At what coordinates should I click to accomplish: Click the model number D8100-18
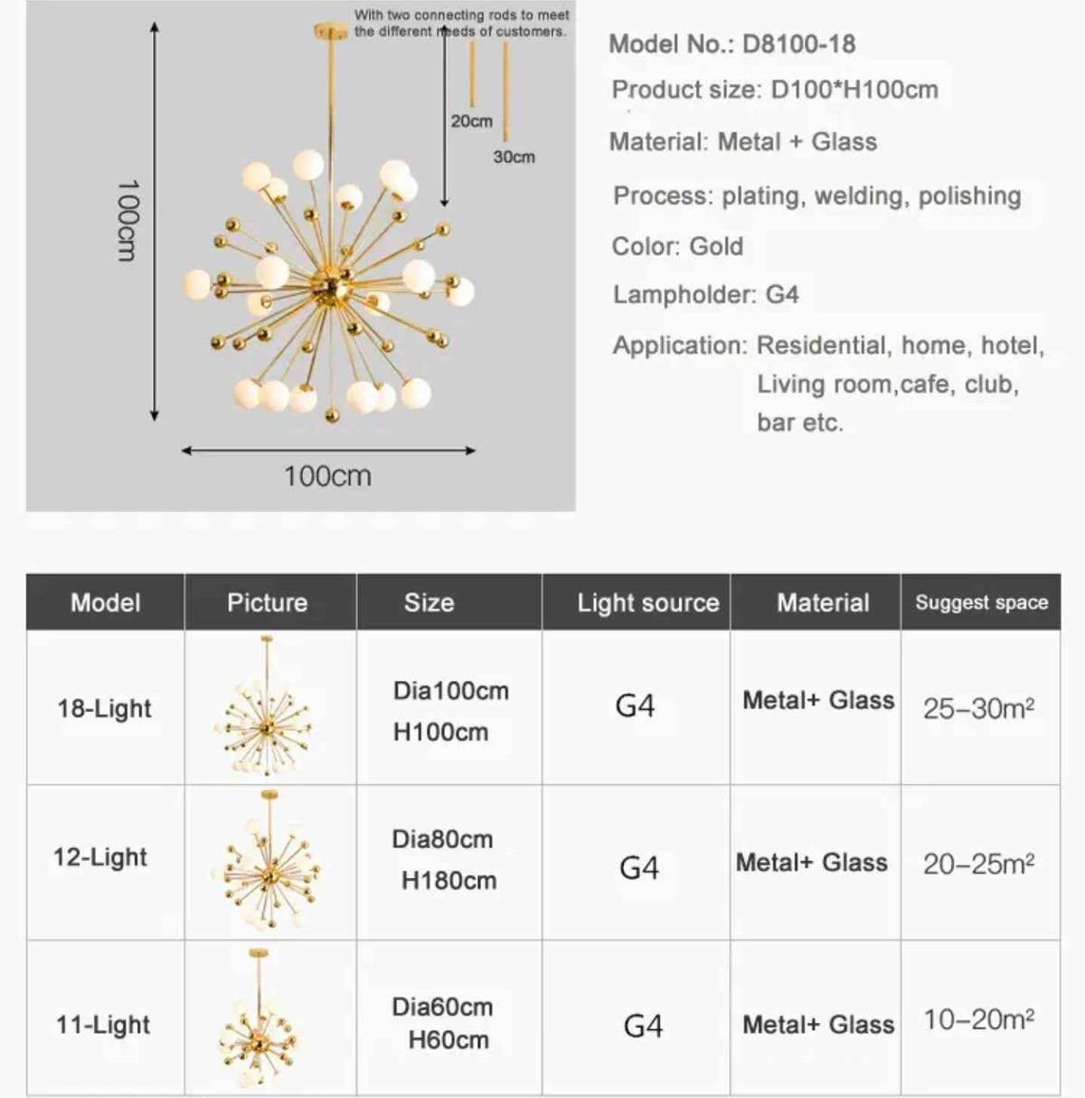click(798, 44)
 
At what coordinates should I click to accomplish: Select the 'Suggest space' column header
click(981, 602)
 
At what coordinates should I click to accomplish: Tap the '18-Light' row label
click(105, 708)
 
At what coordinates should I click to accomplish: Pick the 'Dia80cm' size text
click(442, 839)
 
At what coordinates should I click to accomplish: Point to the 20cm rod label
click(471, 121)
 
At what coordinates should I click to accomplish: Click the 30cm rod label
click(514, 157)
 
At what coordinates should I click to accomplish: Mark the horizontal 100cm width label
click(327, 476)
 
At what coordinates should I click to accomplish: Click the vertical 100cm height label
click(127, 220)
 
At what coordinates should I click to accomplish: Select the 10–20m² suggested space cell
click(978, 1020)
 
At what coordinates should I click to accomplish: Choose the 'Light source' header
click(648, 602)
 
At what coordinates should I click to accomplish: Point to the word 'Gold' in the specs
click(716, 246)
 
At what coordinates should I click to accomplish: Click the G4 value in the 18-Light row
click(635, 705)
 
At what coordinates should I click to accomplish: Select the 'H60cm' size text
click(448, 1040)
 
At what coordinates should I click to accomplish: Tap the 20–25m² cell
click(978, 864)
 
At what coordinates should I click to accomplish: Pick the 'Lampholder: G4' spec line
click(705, 295)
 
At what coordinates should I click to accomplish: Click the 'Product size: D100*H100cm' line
click(775, 90)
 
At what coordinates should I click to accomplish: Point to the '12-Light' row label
click(100, 857)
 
